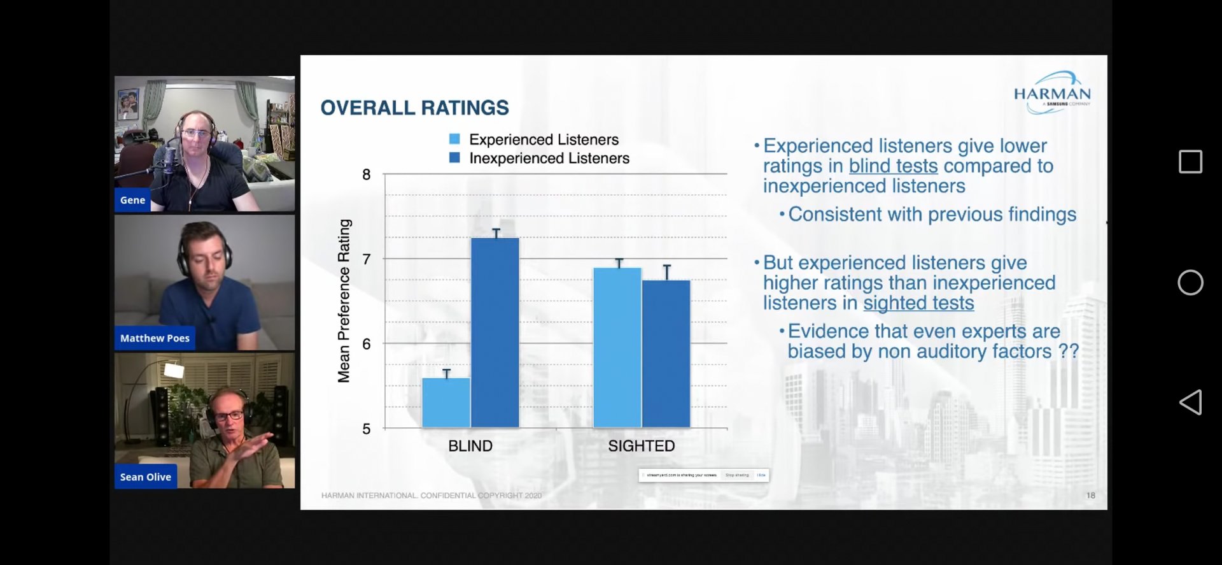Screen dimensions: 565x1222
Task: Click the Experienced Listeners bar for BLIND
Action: (446, 403)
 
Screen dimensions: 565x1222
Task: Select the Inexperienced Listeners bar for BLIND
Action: (495, 333)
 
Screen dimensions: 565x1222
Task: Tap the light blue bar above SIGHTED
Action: (617, 347)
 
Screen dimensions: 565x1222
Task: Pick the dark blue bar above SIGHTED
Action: (666, 354)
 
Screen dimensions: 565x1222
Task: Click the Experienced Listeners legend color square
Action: (454, 139)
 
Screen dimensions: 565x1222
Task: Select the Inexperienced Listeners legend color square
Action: (454, 157)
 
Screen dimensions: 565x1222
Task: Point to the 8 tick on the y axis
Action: (367, 175)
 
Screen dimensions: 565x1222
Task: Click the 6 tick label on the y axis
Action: (367, 344)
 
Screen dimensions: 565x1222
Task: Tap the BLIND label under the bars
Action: (470, 446)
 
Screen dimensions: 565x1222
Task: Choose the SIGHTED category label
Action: (641, 446)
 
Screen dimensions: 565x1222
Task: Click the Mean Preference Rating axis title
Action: (344, 301)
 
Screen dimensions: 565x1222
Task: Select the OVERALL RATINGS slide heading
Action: (414, 108)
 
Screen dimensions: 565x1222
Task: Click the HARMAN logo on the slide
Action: (1052, 93)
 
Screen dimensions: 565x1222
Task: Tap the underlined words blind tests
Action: (893, 166)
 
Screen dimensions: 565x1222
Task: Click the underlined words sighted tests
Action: (918, 303)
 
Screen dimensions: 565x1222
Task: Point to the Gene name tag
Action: (132, 200)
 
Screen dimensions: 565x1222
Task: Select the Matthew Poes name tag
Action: (155, 338)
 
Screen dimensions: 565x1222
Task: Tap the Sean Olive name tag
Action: (146, 477)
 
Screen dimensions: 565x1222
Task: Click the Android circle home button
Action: (1190, 282)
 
